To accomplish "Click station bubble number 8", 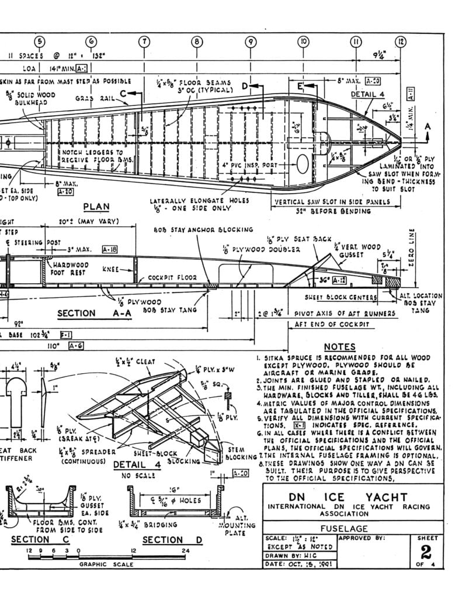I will point(197,42).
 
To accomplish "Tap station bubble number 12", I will point(401,42).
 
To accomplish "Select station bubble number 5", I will point(39,42).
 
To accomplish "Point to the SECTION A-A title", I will point(85,313).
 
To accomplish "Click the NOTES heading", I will point(340,347).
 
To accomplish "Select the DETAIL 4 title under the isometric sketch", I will point(133,464).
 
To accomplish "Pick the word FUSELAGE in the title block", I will point(343,528).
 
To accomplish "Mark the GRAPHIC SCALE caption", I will point(106,564).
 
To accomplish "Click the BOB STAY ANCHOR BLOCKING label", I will point(203,230).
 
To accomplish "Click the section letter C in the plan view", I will point(123,92).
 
